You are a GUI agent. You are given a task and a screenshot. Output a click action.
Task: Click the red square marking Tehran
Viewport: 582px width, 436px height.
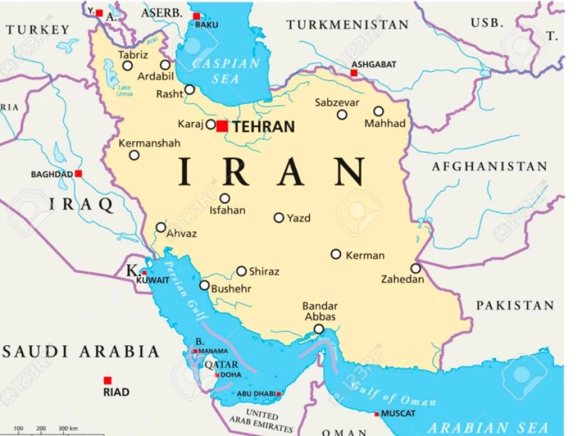(222, 126)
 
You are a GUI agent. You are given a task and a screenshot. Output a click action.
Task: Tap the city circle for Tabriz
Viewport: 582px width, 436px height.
(127, 65)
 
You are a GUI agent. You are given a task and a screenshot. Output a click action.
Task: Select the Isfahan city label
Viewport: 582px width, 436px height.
(227, 210)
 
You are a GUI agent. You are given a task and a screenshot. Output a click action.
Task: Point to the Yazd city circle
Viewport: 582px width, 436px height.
(278, 218)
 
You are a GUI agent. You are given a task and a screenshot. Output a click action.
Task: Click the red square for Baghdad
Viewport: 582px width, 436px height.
(78, 174)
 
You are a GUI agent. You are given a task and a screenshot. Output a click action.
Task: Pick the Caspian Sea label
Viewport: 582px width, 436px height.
(225, 71)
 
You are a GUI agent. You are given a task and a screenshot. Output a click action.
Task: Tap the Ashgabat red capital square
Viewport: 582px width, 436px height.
(354, 73)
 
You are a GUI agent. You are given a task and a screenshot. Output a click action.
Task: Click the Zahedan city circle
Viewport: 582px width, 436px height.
(415, 268)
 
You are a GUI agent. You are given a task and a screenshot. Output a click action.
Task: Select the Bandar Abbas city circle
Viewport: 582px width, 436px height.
(319, 329)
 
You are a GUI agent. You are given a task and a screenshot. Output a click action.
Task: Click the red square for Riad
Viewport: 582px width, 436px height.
(108, 380)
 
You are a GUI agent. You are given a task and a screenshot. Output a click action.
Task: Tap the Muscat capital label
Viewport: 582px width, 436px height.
(398, 413)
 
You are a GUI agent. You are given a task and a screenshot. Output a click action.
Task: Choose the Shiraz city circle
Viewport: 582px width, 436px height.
(241, 271)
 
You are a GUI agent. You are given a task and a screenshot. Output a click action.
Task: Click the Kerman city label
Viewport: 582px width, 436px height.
(366, 256)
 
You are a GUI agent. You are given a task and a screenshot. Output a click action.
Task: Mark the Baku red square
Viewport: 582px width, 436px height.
(196, 16)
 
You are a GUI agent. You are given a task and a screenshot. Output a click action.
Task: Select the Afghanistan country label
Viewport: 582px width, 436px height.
(489, 167)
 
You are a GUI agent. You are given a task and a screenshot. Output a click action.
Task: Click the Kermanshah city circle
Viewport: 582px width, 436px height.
(134, 155)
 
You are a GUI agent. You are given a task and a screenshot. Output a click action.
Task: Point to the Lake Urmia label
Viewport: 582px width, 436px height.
(124, 90)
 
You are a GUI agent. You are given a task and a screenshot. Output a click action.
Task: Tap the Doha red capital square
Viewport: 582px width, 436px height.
(217, 375)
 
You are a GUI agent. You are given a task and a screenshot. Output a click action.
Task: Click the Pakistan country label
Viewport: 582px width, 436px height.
(515, 306)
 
